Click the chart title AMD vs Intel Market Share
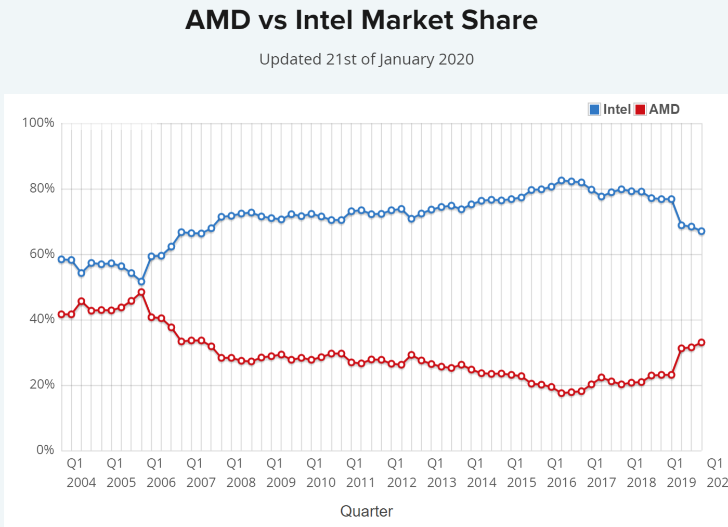(361, 21)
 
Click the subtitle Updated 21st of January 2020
(367, 59)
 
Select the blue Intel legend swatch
(594, 109)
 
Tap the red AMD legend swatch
(640, 109)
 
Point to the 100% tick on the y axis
(38, 123)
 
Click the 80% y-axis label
(42, 189)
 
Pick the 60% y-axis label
(42, 254)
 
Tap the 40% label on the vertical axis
(42, 319)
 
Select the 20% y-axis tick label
(42, 385)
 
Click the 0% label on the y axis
(45, 450)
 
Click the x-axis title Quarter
(367, 511)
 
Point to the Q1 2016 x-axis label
(561, 473)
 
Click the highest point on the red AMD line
(141, 292)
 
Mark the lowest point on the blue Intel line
(141, 281)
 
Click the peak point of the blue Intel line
(561, 181)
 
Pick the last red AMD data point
(701, 342)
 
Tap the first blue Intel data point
(61, 259)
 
